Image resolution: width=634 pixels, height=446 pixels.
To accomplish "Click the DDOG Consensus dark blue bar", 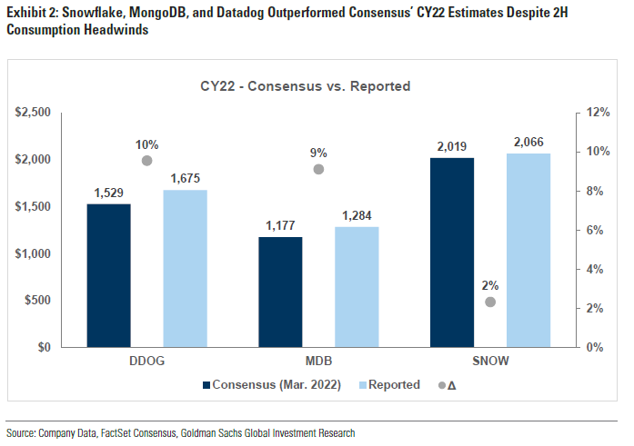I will click(108, 275).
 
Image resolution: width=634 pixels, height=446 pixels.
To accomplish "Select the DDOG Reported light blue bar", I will click(186, 268).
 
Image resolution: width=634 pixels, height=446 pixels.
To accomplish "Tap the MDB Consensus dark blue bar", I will click(280, 292).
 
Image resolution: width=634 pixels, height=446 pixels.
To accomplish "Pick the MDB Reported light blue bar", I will click(357, 286).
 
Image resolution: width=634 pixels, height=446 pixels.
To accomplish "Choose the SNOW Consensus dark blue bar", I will click(452, 252).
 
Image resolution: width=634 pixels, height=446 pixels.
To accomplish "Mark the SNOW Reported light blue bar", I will click(528, 250).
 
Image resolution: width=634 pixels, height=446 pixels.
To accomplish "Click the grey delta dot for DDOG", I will click(147, 161).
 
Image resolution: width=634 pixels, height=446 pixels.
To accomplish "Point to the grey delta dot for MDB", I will click(318, 169).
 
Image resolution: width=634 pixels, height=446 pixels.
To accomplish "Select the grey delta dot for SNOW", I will click(490, 302).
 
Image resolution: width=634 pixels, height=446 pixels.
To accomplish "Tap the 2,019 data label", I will click(452, 146).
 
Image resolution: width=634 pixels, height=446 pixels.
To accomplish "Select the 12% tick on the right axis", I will click(597, 112).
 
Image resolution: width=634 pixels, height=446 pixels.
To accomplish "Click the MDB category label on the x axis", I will click(318, 362).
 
